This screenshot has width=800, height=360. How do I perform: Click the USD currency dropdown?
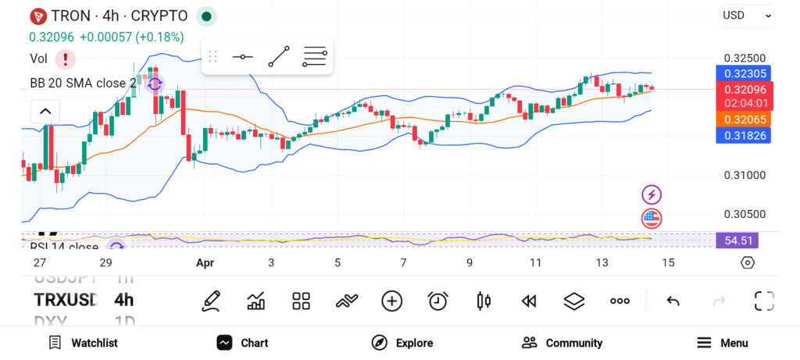[747, 15]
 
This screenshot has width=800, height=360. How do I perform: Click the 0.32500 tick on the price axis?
[744, 59]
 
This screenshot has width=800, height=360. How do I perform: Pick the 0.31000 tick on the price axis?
[744, 175]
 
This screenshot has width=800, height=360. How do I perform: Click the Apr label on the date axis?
[205, 263]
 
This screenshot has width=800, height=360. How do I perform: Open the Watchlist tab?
[83, 343]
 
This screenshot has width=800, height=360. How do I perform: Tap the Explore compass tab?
[402, 343]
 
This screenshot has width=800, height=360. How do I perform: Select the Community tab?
[562, 343]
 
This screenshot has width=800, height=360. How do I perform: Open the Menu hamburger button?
[723, 343]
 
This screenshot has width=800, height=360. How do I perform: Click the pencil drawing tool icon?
[210, 301]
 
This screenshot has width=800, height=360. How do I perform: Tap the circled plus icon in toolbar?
[391, 301]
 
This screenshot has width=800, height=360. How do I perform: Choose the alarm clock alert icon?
[437, 301]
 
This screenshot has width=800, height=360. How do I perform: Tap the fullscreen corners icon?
[763, 301]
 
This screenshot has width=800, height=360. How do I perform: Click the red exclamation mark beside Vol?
[65, 59]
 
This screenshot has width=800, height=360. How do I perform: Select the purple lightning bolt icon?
[652, 194]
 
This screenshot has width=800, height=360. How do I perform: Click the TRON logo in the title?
[37, 16]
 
